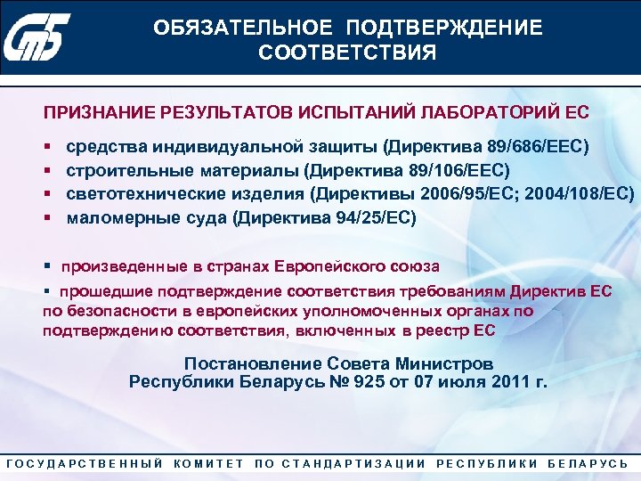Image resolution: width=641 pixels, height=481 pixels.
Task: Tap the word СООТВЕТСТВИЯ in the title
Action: click(x=347, y=53)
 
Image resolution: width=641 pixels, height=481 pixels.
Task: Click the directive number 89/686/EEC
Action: click(x=539, y=145)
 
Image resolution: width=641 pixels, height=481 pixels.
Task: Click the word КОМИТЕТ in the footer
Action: click(x=210, y=464)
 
